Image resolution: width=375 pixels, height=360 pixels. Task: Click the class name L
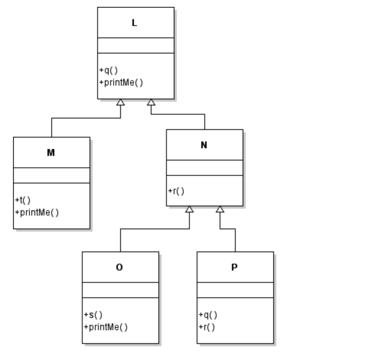134,23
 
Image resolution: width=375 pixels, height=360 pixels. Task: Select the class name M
51,153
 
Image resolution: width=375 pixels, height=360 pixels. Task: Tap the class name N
204,145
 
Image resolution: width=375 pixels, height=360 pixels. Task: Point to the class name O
119,268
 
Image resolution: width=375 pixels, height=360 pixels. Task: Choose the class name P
234,268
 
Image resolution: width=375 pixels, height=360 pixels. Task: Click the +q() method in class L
108,70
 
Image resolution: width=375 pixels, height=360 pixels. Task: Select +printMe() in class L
121,83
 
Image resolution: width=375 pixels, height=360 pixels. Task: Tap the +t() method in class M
23,200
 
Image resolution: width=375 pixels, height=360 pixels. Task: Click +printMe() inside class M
37,212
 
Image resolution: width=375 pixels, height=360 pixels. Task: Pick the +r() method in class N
176,191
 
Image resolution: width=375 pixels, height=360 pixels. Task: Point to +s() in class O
93,315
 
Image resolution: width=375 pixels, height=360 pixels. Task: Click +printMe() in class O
106,327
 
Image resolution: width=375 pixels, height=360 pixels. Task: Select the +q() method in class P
208,315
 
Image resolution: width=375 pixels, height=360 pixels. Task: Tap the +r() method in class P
207,327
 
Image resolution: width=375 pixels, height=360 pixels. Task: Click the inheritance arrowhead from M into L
121,102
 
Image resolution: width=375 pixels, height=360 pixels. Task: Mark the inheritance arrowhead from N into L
151,102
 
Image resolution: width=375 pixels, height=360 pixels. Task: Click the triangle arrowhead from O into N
189,209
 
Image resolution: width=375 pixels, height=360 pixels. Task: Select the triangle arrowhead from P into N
220,209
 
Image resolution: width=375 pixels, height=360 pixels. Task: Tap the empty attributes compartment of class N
204,168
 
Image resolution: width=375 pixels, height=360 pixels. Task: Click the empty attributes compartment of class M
51,175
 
